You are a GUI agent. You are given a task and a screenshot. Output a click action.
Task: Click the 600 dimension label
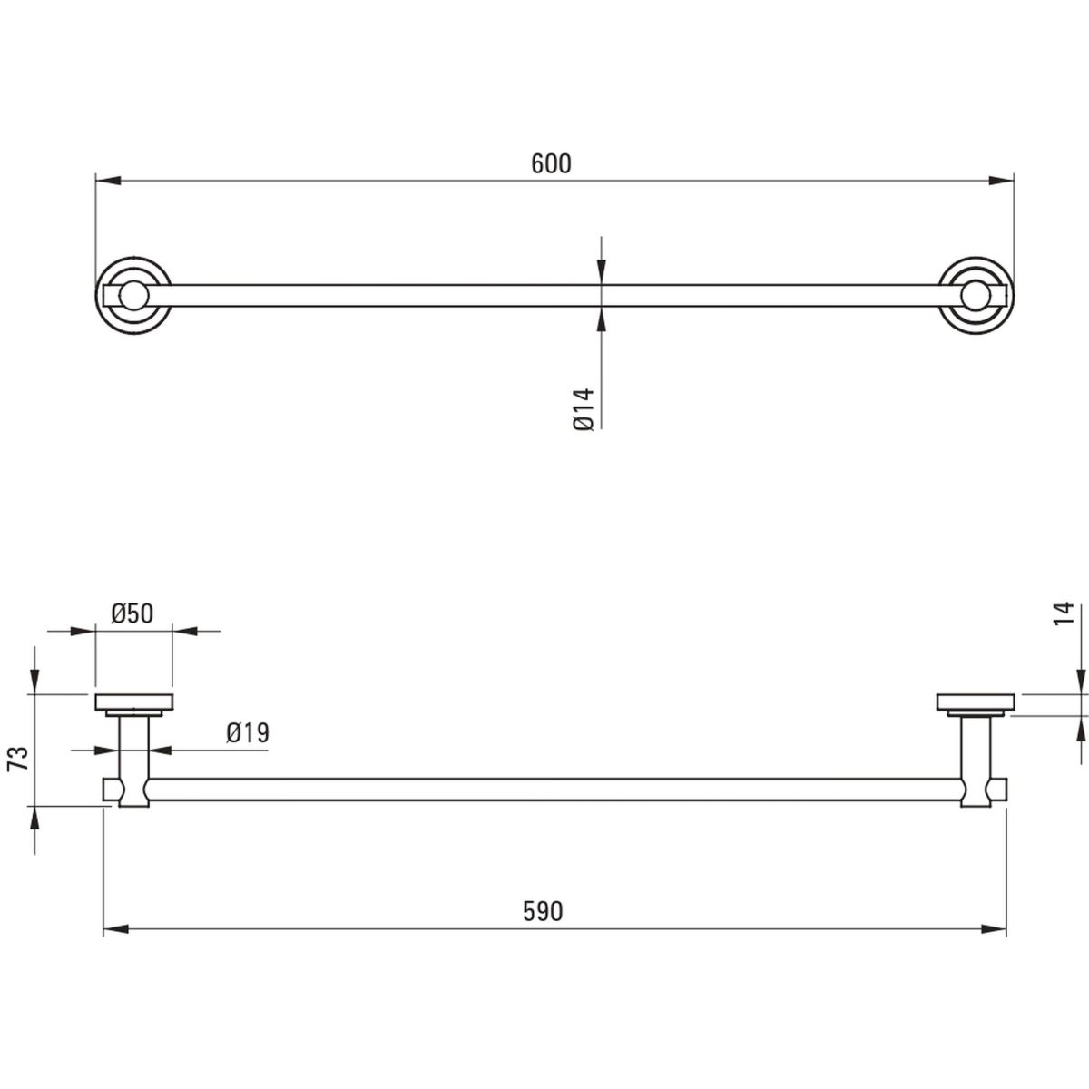click(x=551, y=164)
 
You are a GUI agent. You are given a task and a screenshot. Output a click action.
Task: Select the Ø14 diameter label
click(x=584, y=409)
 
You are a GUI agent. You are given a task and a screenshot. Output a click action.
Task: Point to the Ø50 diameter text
click(x=132, y=613)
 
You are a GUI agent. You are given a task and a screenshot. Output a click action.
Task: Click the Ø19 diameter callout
click(x=248, y=733)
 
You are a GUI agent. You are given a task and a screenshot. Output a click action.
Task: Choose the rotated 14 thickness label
click(x=1063, y=613)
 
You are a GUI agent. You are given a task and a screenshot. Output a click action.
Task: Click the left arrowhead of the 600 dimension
click(x=108, y=181)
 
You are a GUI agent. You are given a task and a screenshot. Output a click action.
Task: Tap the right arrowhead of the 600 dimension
click(x=1001, y=181)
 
